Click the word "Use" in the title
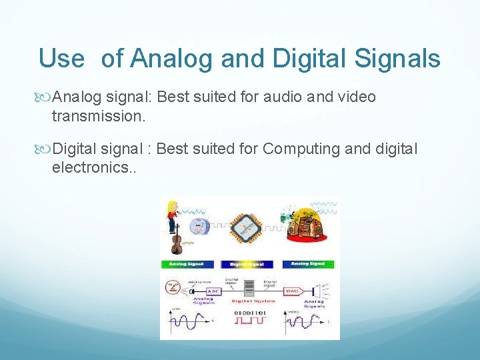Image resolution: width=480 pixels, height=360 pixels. [x=61, y=59]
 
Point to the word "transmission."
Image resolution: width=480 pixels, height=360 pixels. [x=98, y=116]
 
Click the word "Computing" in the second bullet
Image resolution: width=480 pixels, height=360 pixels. [x=303, y=149]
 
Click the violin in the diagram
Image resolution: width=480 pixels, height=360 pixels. [x=177, y=240]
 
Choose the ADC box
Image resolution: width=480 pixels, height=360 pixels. [x=213, y=291]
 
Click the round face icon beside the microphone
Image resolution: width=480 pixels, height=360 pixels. [x=173, y=288]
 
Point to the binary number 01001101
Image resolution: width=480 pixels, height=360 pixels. [x=249, y=312]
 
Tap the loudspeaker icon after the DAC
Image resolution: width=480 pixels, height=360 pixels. [x=322, y=291]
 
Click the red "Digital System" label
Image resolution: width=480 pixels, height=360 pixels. [x=249, y=301]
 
